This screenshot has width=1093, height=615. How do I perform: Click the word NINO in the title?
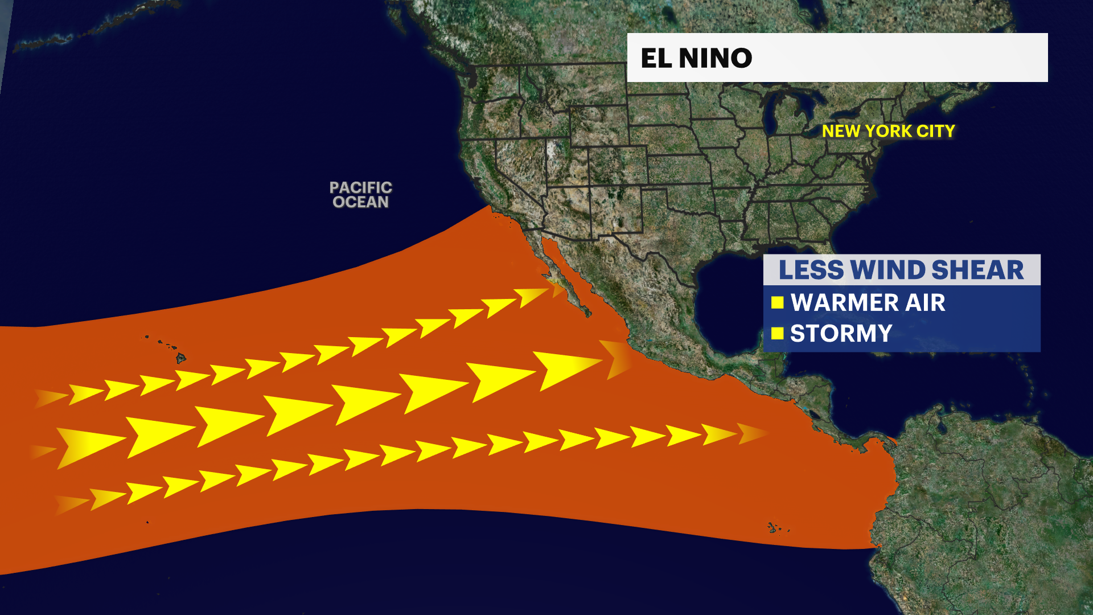[716, 58]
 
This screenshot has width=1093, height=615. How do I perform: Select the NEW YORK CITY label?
[888, 131]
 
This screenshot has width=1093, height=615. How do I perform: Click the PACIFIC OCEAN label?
[360, 195]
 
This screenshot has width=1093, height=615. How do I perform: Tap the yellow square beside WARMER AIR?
[778, 302]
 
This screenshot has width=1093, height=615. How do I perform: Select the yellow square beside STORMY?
[778, 333]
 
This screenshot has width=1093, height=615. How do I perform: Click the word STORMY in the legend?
[841, 334]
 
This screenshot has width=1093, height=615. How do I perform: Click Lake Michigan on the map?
[770, 114]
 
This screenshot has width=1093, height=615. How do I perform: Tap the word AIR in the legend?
[925, 302]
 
